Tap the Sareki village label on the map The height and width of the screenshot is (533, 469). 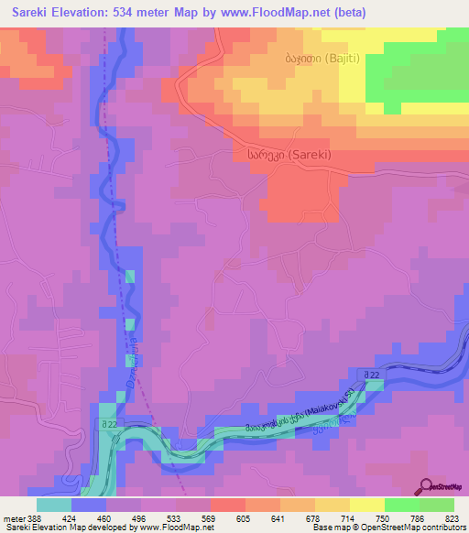tap(288, 156)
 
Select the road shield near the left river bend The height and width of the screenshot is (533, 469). tap(109, 424)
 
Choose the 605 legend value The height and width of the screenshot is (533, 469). tap(244, 517)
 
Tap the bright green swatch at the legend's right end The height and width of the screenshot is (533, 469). tap(437, 504)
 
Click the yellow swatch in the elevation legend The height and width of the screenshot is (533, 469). tap(367, 504)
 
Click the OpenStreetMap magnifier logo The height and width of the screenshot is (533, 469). tap(425, 486)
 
